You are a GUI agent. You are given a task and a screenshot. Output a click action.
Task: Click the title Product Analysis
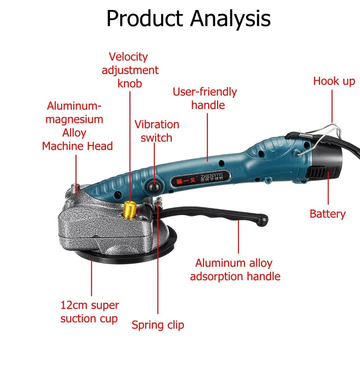(188, 18)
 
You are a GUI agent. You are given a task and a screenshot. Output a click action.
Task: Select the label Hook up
(334, 81)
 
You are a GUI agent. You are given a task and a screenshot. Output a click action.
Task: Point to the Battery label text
(327, 214)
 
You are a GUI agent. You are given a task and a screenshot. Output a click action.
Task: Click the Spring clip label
(158, 325)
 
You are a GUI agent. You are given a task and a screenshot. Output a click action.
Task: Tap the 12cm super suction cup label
(90, 312)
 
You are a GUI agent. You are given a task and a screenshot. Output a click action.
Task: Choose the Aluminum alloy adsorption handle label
(235, 270)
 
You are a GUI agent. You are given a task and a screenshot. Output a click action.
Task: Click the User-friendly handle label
(205, 98)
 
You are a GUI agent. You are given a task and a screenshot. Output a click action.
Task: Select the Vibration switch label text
(156, 131)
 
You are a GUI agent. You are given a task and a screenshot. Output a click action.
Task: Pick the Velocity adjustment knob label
(130, 70)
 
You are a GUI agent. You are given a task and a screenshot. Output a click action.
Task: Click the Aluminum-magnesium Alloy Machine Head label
(77, 126)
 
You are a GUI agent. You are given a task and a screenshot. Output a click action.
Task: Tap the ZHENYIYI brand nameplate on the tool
(200, 179)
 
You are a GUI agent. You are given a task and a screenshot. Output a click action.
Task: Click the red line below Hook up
(332, 106)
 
